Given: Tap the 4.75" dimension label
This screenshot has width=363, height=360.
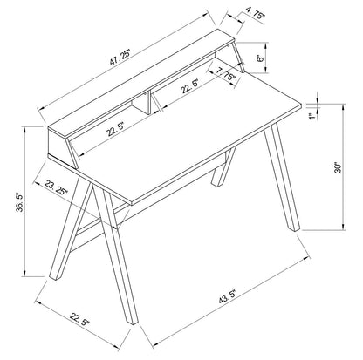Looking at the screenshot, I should click(256, 14).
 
